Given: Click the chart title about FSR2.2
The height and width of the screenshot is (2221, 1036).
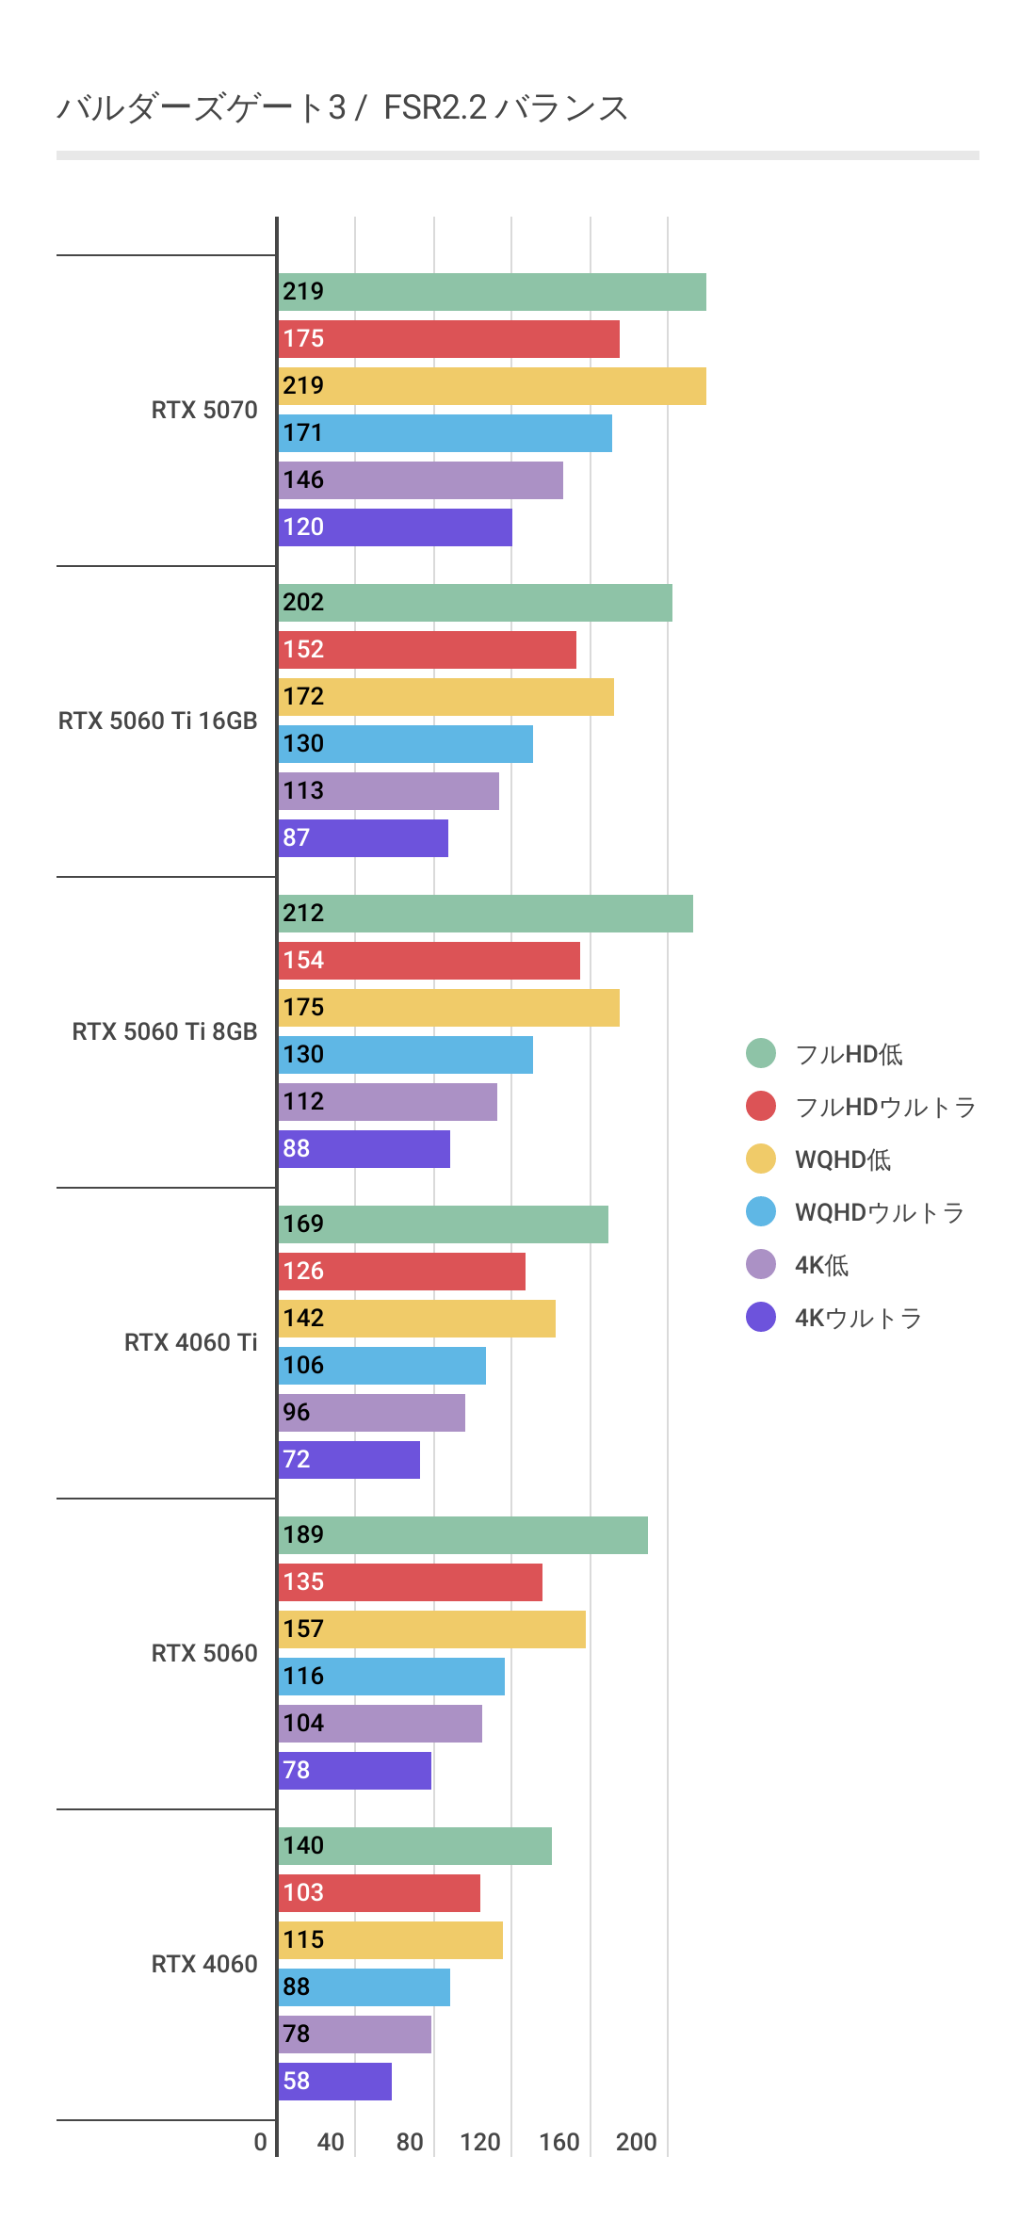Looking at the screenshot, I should click(342, 108).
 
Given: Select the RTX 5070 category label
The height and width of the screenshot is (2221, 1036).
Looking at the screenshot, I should click(203, 410).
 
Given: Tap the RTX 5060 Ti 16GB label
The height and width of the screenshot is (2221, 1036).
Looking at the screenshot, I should click(157, 721).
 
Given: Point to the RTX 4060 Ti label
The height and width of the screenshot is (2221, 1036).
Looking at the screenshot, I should click(190, 1342).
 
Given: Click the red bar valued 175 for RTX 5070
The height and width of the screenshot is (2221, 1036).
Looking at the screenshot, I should click(448, 339).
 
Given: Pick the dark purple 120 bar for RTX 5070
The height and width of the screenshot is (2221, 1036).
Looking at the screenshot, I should click(396, 527).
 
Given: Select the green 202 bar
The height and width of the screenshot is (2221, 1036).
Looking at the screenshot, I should click(475, 603).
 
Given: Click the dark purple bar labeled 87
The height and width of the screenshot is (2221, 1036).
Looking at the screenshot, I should click(364, 838).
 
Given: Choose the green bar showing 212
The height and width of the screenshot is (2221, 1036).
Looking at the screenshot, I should click(485, 914).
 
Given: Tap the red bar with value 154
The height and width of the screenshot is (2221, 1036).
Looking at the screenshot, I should click(429, 961).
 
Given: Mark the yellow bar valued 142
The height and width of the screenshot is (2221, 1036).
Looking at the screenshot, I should click(416, 1319).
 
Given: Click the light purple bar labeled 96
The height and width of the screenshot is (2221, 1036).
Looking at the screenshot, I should click(371, 1413).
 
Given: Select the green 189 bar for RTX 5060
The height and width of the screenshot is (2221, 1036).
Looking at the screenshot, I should click(462, 1535).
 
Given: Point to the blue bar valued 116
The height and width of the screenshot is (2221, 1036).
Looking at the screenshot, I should click(391, 1677).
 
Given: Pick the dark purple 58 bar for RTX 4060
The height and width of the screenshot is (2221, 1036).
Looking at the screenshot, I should click(334, 2082).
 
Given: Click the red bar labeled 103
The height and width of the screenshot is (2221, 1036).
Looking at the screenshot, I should click(379, 1893).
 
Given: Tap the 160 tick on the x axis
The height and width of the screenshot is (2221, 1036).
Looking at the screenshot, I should click(558, 2142).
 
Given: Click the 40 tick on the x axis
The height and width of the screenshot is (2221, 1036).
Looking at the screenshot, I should click(331, 2142).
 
